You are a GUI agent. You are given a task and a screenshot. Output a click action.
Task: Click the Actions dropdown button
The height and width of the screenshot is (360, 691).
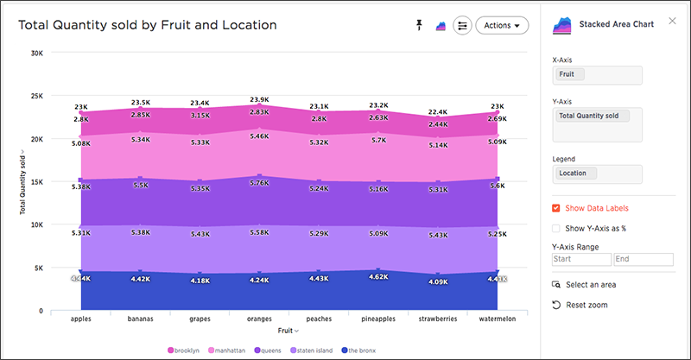tap(502, 26)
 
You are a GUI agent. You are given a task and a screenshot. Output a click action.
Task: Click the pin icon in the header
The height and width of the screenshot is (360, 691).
tap(419, 25)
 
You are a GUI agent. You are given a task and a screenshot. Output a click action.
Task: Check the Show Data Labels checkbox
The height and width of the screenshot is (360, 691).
tap(556, 208)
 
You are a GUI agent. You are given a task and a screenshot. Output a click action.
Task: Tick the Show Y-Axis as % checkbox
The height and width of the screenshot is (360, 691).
tap(556, 228)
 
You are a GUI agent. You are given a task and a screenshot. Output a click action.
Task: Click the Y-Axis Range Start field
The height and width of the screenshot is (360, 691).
tap(581, 259)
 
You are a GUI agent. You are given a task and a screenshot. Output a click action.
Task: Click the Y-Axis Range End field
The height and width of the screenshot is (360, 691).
tap(643, 259)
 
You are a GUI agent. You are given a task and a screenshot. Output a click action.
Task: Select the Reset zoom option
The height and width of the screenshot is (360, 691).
tap(580, 305)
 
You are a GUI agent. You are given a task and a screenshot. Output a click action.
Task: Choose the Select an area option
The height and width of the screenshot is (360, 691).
tap(584, 285)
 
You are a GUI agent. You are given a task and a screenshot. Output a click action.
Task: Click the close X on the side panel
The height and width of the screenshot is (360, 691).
tap(672, 21)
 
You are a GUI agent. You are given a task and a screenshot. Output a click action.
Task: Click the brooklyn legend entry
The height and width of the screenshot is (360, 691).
tap(184, 351)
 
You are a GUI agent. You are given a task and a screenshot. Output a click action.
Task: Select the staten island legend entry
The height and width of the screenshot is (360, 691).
tap(312, 351)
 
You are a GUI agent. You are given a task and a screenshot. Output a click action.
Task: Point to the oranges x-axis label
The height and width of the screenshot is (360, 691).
tap(259, 319)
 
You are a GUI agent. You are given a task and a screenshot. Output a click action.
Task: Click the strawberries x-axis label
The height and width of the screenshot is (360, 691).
tap(438, 319)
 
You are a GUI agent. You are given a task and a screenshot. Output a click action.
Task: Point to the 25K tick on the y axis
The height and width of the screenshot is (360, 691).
tap(37, 96)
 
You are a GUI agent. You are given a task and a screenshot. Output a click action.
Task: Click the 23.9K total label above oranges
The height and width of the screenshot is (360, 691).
tap(259, 100)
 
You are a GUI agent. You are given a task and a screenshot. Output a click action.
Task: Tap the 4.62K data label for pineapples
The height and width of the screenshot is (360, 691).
tap(378, 277)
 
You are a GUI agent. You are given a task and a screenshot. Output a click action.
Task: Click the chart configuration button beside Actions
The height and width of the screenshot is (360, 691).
tap(462, 26)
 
